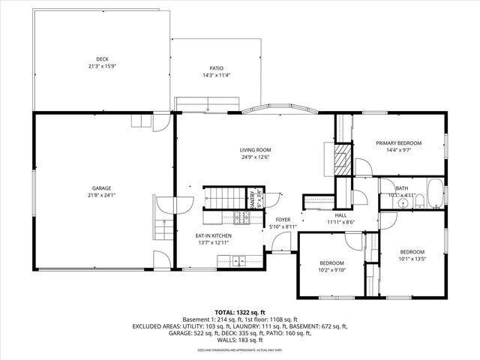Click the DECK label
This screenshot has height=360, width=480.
102,59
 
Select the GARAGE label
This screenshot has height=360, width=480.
102,188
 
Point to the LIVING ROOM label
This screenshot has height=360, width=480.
254,149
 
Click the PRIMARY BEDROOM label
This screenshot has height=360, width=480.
398,142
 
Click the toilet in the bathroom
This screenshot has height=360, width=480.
420,200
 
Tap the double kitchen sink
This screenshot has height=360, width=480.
238,261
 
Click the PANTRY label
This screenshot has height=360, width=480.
252,199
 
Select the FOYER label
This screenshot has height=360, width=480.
283,219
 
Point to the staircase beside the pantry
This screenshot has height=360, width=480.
222,199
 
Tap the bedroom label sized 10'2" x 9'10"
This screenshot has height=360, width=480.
332,262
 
